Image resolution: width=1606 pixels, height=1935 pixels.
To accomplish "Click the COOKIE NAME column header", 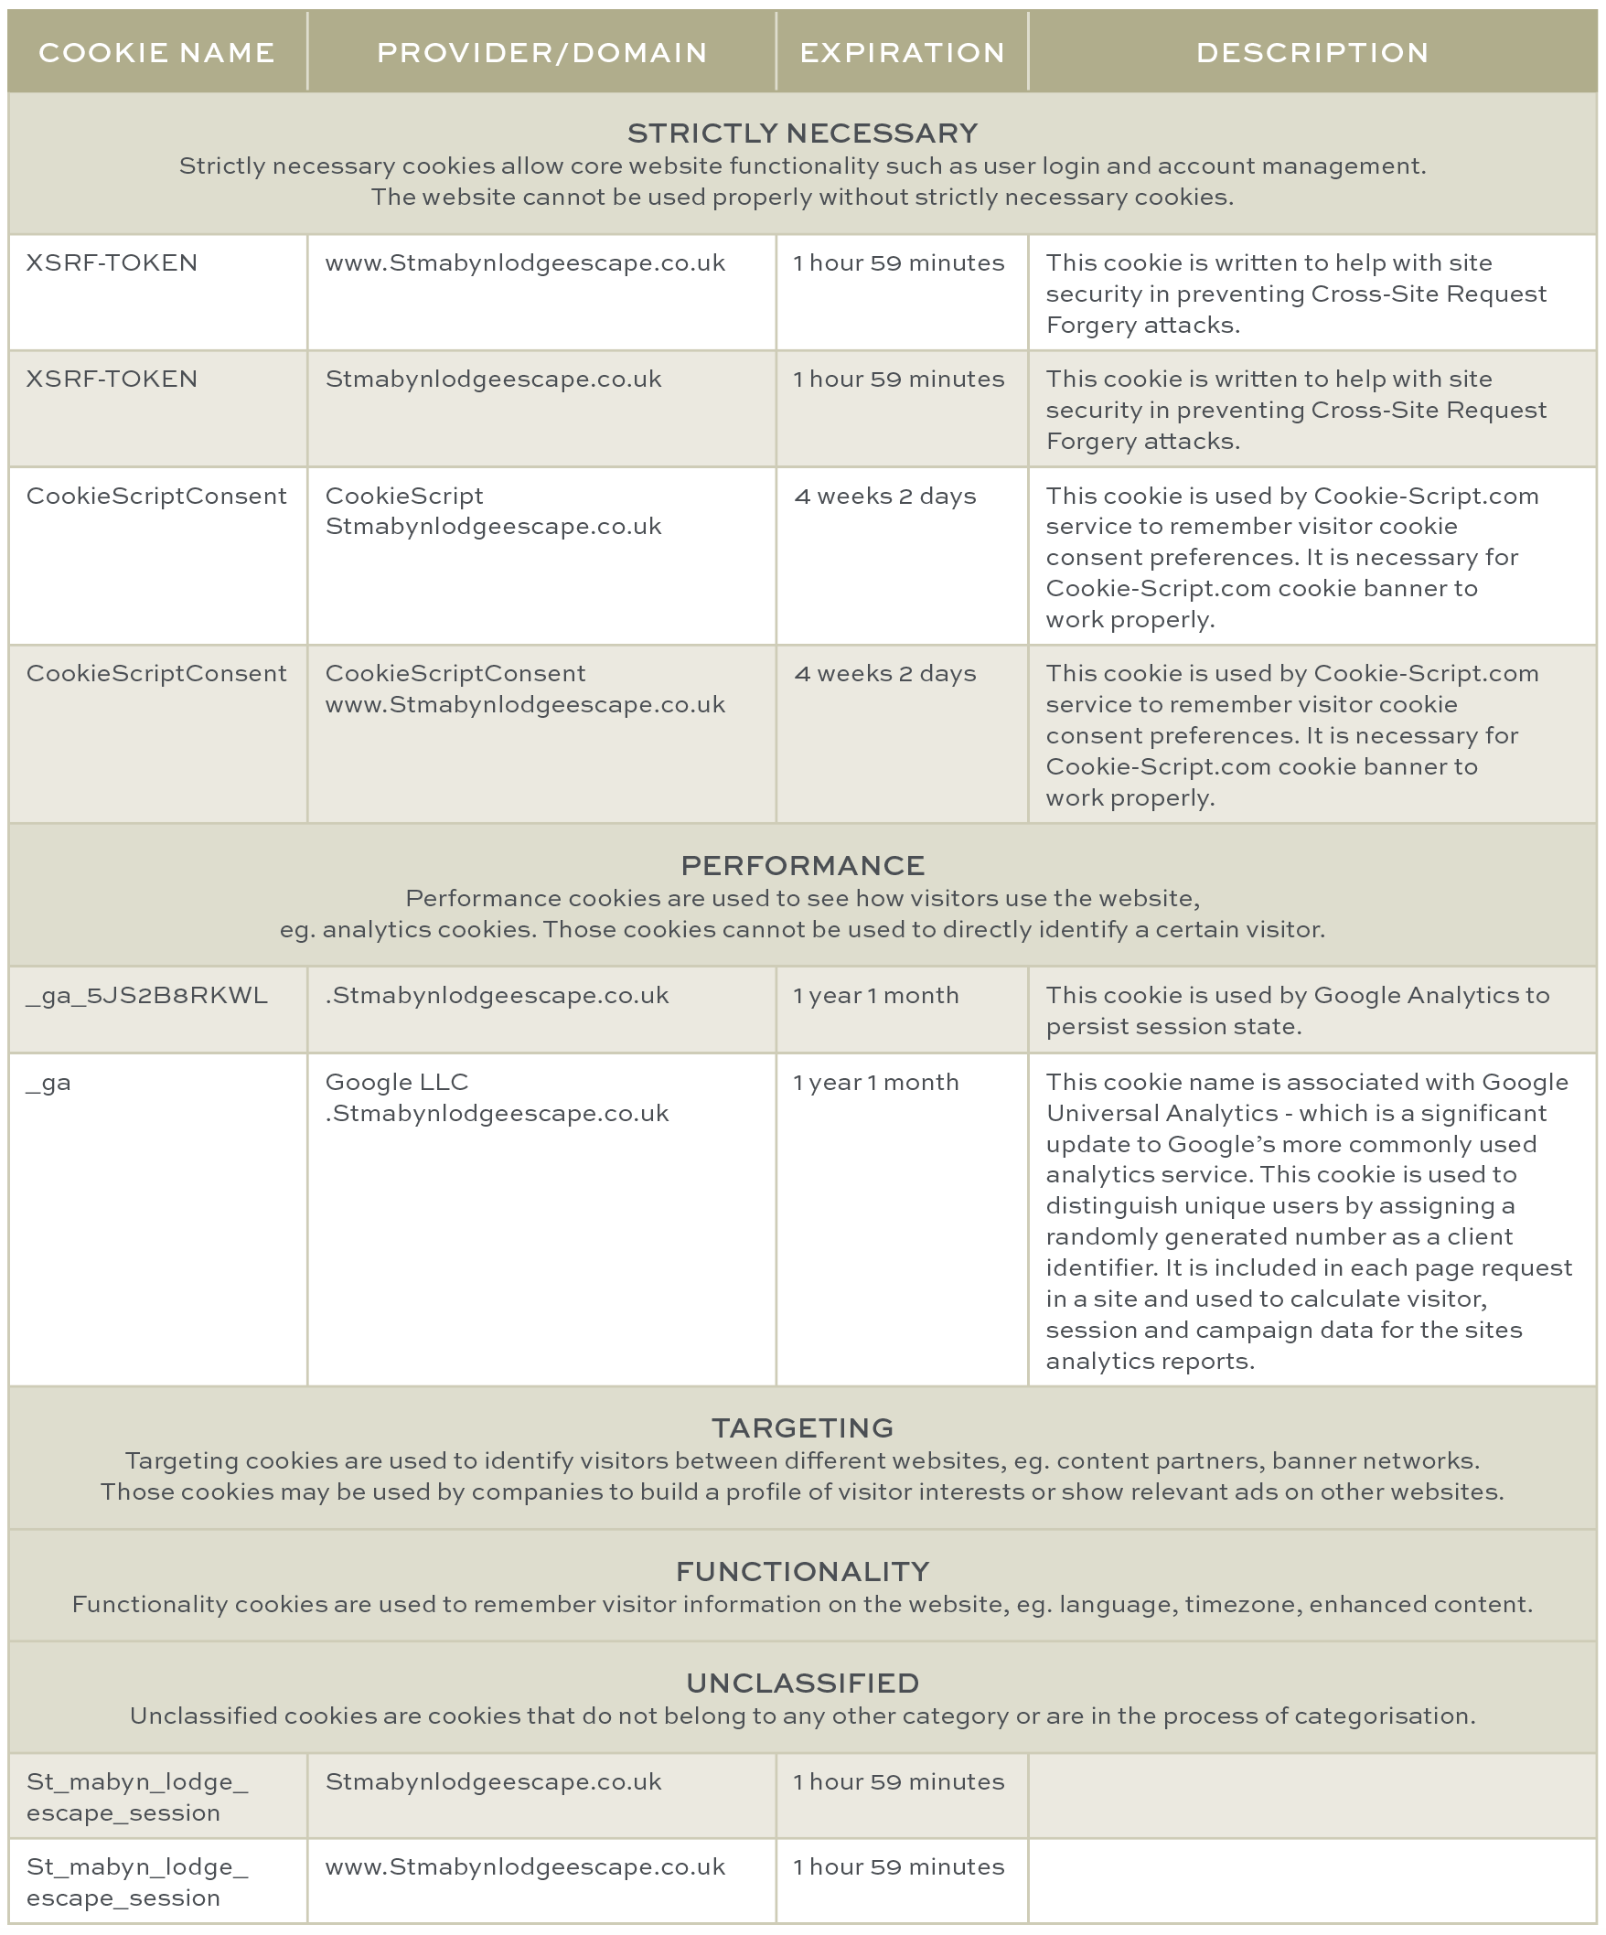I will (156, 52).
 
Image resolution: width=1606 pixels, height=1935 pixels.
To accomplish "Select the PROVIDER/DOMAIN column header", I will (541, 52).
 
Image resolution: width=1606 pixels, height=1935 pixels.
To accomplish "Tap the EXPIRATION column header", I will (902, 52).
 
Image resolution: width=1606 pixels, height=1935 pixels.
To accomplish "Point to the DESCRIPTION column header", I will (1312, 52).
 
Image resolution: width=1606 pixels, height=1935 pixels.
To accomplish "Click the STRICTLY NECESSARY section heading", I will (801, 134).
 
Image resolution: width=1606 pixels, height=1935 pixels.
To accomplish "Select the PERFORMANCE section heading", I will (801, 865).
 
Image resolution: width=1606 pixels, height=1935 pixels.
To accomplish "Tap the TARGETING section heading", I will (801, 1427).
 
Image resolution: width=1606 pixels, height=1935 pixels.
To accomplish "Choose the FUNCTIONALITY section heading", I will (801, 1571).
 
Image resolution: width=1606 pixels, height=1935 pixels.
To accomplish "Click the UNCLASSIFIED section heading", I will (801, 1683).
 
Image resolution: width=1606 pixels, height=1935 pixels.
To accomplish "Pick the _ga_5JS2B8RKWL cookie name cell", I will (146, 995).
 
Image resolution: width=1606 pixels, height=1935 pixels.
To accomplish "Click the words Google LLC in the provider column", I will (396, 1082).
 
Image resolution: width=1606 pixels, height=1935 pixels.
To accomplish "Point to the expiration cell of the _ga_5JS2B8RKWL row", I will (875, 995).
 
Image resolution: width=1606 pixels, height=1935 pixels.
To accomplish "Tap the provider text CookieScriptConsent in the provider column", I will (455, 674).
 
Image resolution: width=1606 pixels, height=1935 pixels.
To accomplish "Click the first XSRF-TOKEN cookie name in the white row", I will (112, 262).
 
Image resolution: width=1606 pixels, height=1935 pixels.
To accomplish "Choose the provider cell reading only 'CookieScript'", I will (403, 496).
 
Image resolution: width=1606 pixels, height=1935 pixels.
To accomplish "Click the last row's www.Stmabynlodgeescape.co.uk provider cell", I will (525, 1866).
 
